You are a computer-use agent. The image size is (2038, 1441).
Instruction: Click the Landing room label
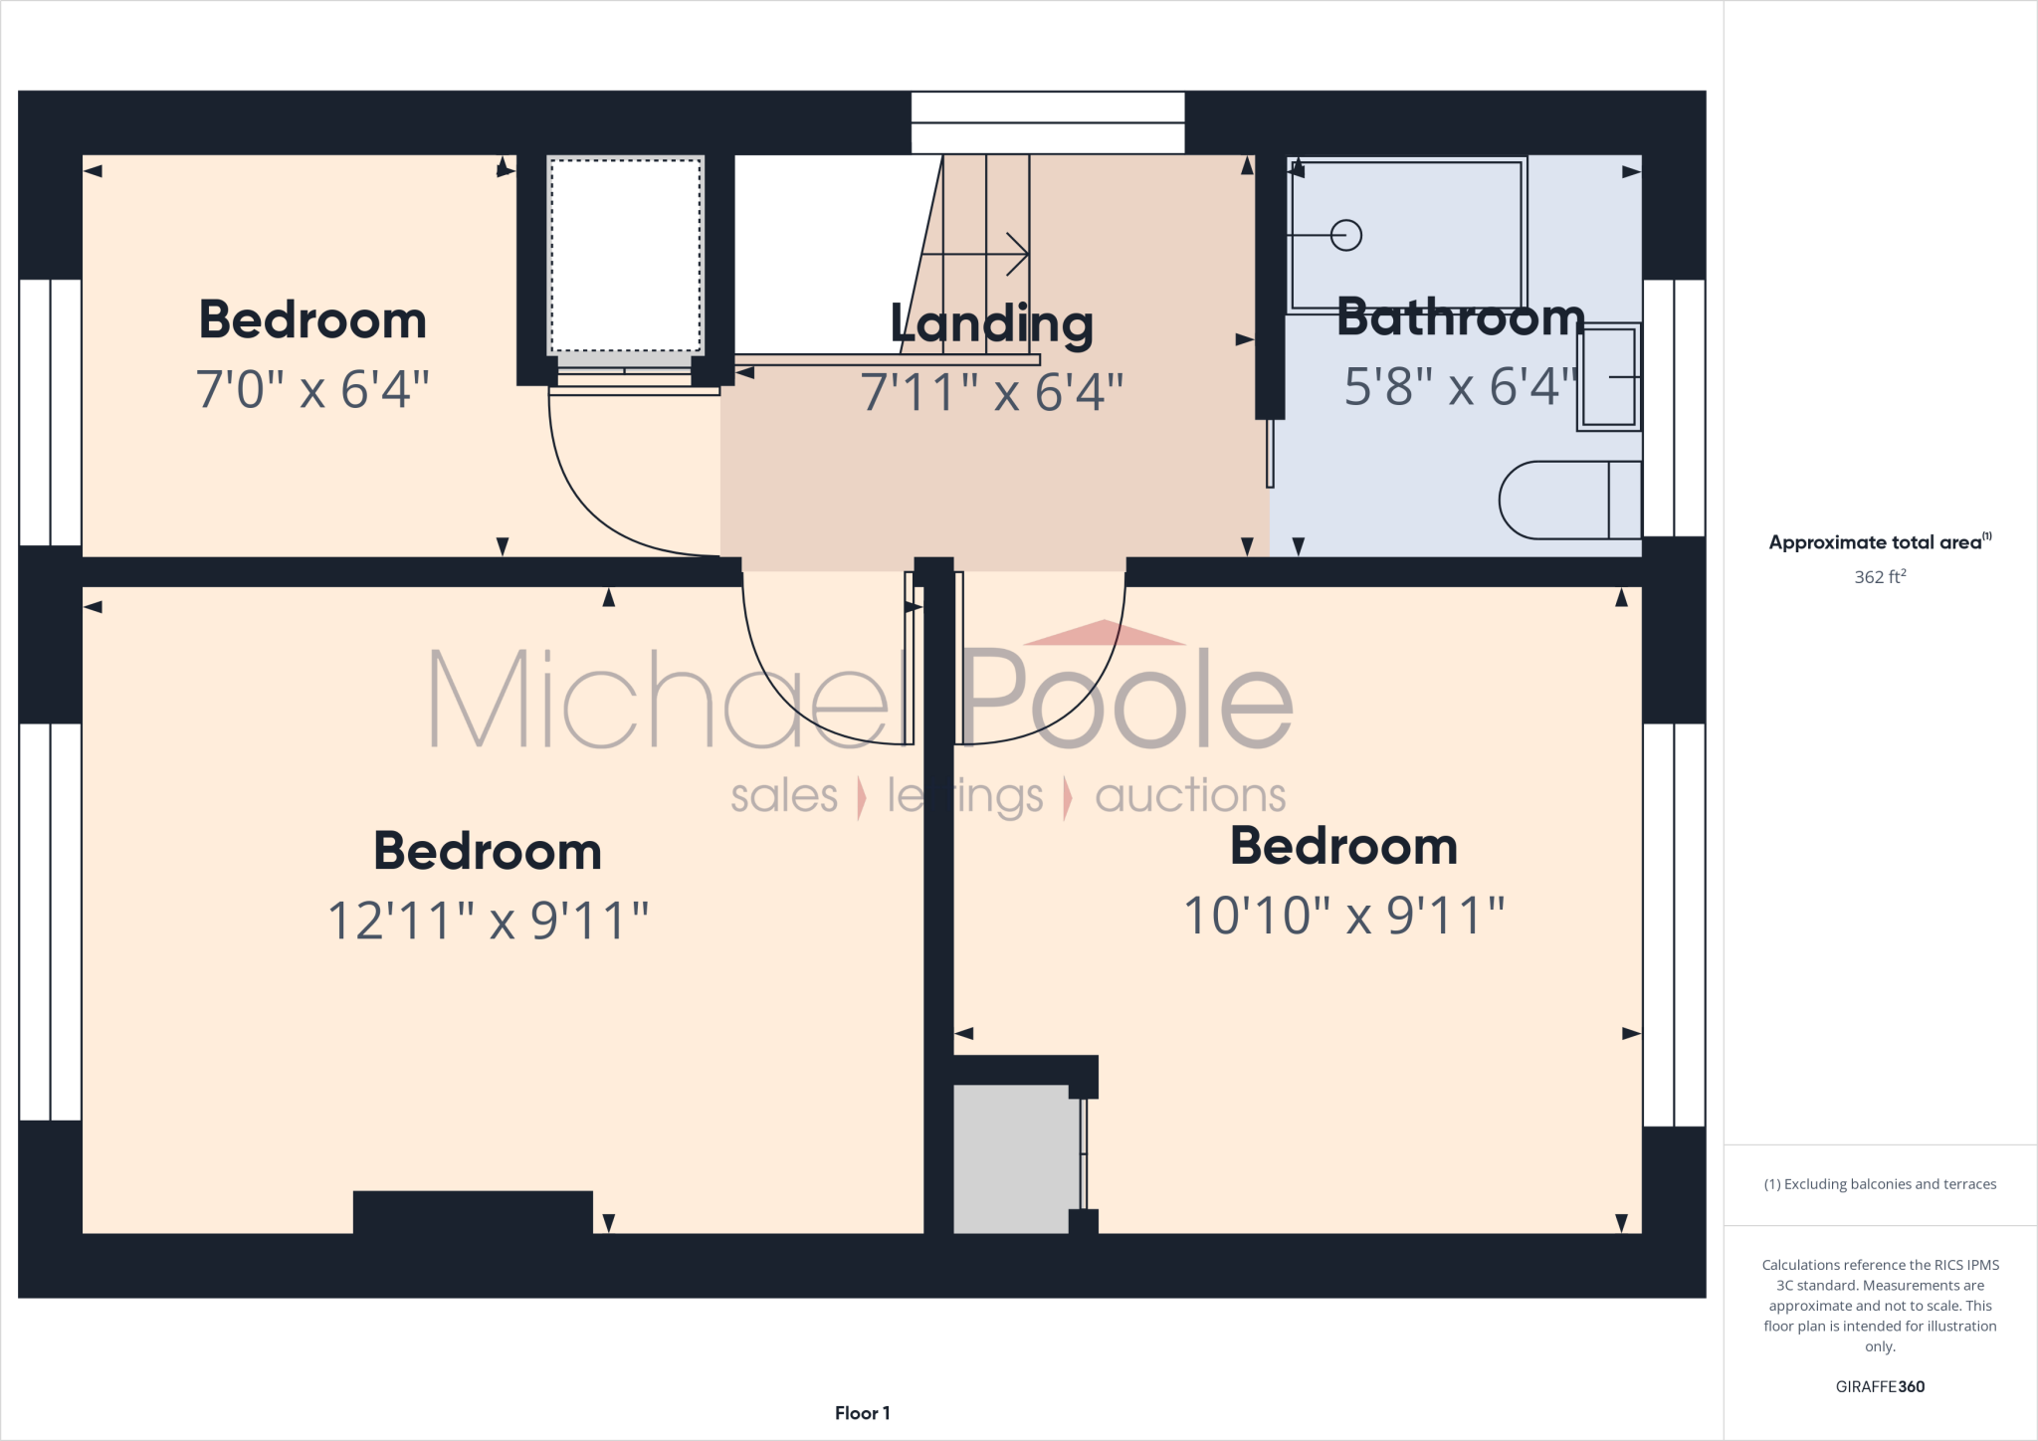991,324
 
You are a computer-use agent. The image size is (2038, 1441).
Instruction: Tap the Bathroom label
1460,317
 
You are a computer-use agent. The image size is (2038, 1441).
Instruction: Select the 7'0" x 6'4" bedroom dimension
312,389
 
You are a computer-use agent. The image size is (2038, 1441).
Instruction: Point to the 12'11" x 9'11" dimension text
488,921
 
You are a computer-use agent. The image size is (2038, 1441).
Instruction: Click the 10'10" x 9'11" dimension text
1343,916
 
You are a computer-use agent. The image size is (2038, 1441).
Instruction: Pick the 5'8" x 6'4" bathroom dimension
1460,387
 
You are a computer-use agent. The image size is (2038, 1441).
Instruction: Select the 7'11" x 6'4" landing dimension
991,392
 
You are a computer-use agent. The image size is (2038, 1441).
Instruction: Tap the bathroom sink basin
1607,377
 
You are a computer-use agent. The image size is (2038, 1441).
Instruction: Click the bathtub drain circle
1345,236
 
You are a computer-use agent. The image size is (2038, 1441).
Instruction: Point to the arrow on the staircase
1015,255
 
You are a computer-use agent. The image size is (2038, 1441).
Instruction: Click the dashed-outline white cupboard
626,255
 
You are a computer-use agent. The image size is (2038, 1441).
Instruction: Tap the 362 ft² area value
1879,577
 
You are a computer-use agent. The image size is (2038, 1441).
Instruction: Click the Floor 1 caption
862,1413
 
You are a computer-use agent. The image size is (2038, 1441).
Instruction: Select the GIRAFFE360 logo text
1879,1386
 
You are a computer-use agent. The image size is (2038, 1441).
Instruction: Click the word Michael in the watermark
657,699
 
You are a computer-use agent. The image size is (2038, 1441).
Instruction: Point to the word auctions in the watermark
1189,796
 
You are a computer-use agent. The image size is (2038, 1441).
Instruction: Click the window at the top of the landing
1047,123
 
